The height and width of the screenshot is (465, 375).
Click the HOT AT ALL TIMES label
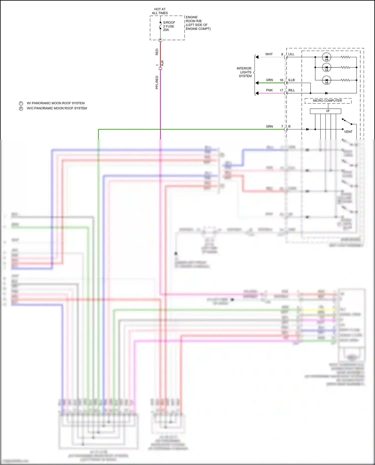click(160, 11)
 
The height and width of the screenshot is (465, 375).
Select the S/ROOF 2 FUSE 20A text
click(169, 26)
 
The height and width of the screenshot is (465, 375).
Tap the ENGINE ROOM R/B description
click(198, 23)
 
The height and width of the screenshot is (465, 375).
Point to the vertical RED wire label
click(157, 52)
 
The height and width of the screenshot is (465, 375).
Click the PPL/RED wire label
click(157, 82)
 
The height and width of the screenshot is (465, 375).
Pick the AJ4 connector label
click(162, 63)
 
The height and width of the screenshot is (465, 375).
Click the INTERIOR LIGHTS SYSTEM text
click(244, 72)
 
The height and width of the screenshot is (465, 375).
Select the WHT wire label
click(269, 54)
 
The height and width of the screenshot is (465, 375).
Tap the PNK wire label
click(269, 90)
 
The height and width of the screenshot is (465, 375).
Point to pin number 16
click(281, 80)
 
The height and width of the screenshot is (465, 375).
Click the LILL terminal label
click(291, 54)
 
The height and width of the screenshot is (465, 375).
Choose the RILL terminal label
click(291, 90)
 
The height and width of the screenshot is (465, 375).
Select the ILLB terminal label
click(291, 80)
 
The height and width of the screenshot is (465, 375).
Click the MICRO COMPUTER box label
click(327, 101)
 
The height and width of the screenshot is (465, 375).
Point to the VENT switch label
click(348, 132)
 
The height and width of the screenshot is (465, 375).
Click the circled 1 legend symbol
click(21, 103)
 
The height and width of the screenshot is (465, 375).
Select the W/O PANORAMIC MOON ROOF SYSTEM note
click(57, 108)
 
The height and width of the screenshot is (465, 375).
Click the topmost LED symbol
click(326, 57)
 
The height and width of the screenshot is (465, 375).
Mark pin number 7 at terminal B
click(282, 126)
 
